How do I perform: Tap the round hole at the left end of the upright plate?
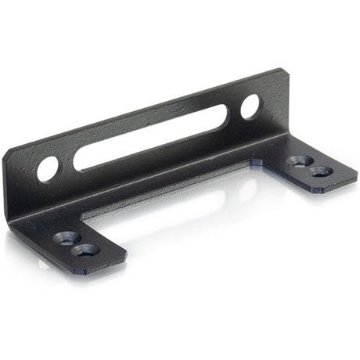(x=48, y=167)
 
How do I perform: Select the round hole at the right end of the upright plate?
(x=250, y=106)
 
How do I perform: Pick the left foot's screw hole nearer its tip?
(x=85, y=250)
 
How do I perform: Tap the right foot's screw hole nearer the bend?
(x=296, y=161)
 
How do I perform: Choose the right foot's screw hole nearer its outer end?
(x=317, y=170)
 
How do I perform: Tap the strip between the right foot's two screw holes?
(x=307, y=165)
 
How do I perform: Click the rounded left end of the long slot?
(x=81, y=160)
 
